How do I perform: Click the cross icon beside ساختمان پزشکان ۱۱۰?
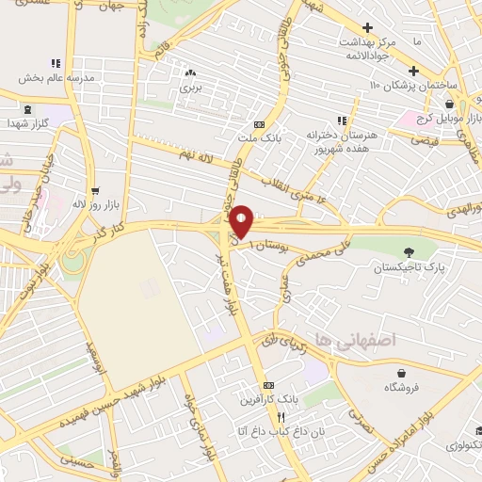coord(413,71)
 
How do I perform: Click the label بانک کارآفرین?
coord(269,400)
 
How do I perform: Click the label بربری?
coord(191,88)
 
